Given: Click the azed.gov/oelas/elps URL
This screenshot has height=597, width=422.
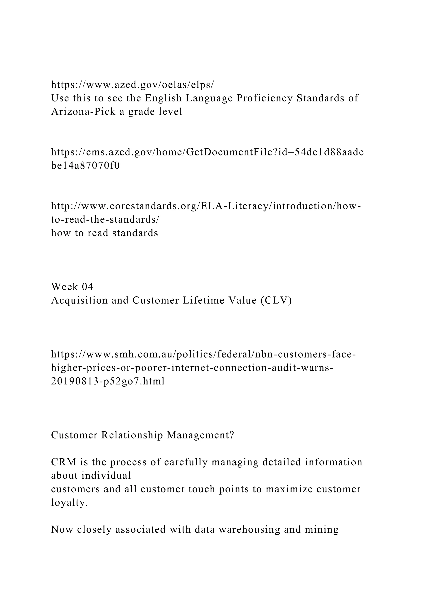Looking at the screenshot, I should click(x=132, y=85).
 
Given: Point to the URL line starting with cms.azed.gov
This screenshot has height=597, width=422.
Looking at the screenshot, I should click(x=207, y=152).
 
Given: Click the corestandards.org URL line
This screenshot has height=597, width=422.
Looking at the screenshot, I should click(x=206, y=206).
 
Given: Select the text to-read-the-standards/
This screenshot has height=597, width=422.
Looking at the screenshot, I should click(x=105, y=220).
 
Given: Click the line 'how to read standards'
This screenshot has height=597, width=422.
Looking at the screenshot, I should click(x=104, y=233).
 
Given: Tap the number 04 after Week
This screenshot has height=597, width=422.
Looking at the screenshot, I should click(x=87, y=287).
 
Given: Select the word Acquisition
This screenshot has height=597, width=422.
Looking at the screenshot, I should click(x=79, y=300).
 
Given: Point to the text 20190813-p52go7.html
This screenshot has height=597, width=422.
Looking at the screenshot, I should click(x=108, y=381).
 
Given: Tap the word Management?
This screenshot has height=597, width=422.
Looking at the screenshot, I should click(x=200, y=435).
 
